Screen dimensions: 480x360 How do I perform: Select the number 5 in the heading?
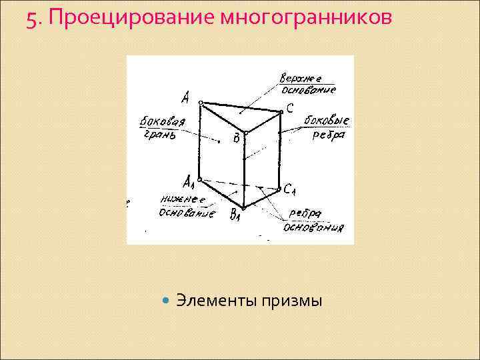[31, 21]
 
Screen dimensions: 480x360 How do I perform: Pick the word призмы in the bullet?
[290, 302]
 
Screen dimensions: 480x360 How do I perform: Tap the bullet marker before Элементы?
[167, 301]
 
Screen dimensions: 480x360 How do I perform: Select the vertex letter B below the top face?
[235, 139]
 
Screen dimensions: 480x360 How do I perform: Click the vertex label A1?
[189, 181]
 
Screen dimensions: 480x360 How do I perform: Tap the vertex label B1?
[235, 215]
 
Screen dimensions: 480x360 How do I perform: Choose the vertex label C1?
[289, 191]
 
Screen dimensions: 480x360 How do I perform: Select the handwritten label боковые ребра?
[327, 127]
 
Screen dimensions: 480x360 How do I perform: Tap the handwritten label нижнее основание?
[187, 207]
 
